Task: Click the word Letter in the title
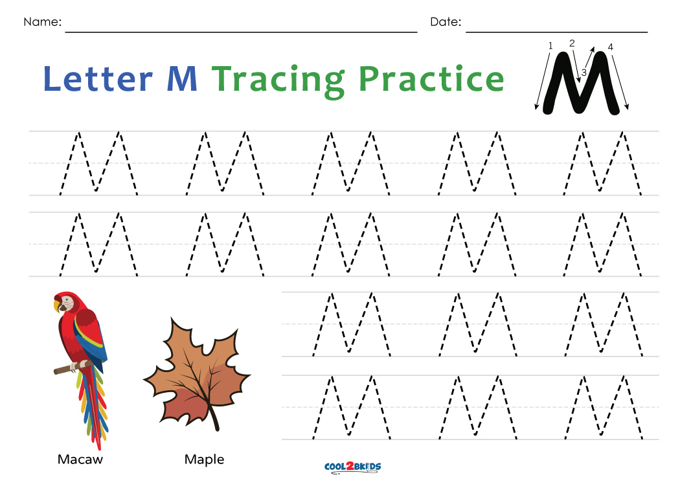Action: pos(97,78)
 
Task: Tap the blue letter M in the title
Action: pos(182,79)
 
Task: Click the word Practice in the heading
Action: pos(431,79)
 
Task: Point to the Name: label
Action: pos(43,22)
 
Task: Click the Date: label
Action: pos(446,22)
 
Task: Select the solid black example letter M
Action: pos(580,84)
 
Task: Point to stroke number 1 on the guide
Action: pos(550,46)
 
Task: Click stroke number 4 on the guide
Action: pos(610,47)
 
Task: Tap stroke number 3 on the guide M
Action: pos(584,73)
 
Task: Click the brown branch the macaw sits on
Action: pos(63,370)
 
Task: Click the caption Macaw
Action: pos(80,460)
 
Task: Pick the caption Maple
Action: pos(204,460)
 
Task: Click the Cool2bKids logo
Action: pos(352,467)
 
